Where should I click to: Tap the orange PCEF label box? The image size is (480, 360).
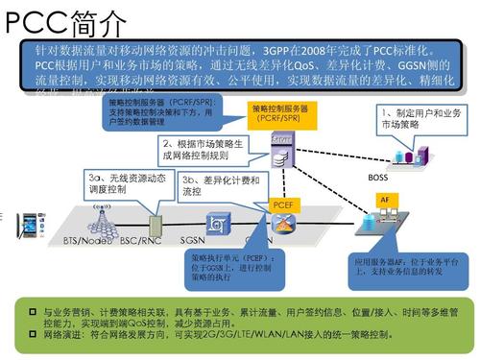282,204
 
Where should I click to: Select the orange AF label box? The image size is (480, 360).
384,199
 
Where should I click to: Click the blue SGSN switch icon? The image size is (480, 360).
220,224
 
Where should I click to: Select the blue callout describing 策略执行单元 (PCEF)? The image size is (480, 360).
233,269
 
